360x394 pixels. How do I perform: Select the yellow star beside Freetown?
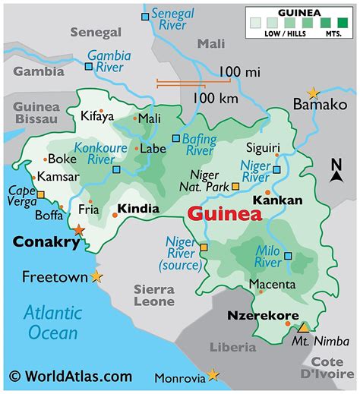point(96,277)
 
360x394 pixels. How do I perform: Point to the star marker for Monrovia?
point(213,374)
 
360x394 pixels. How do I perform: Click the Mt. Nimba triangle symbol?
point(303,328)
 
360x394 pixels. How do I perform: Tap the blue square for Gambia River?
point(90,67)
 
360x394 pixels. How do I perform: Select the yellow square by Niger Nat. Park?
point(235,186)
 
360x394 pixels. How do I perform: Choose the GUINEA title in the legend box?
point(298,13)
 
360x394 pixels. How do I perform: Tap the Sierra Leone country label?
point(154,295)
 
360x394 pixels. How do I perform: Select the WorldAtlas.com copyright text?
point(71,376)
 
